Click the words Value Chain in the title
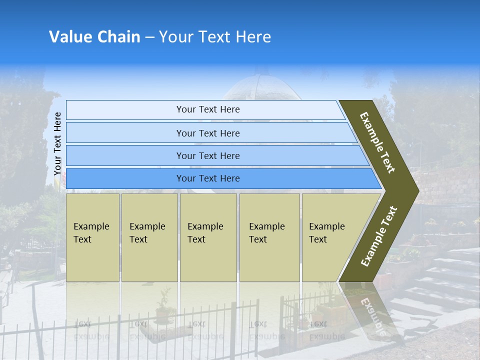[x=94, y=37]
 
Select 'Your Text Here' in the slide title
[x=215, y=37]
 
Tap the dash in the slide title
[x=149, y=37]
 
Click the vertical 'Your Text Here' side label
[x=57, y=143]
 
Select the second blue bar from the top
[x=207, y=133]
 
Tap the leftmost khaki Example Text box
[x=92, y=237]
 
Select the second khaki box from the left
[x=149, y=237]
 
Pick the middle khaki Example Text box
[x=208, y=237]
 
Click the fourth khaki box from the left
[x=269, y=237]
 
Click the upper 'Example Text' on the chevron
[x=377, y=142]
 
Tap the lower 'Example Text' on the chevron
[x=379, y=236]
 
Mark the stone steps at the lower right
[x=440, y=280]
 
